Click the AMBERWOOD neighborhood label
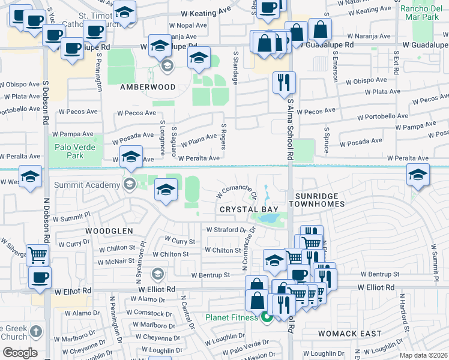click(147, 87)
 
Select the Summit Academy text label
click(86, 184)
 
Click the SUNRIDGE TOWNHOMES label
click(318, 200)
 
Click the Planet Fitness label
click(232, 317)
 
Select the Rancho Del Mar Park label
click(420, 13)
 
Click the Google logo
click(20, 352)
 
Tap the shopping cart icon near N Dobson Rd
click(37, 254)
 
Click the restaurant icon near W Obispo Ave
click(284, 82)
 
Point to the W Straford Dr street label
click(226, 229)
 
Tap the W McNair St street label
click(119, 261)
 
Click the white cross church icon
click(35, 331)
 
